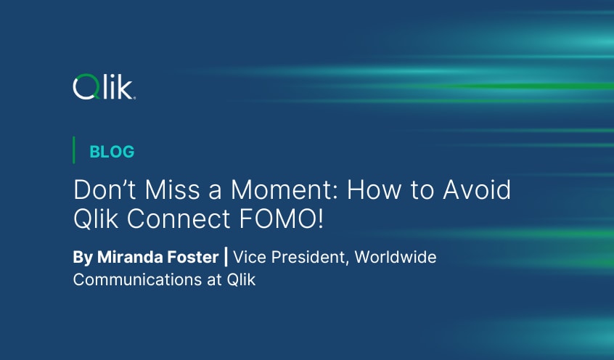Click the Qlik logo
(104, 89)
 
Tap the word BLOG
(112, 152)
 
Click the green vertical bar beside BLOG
(74, 150)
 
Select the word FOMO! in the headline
(283, 219)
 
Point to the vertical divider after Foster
(226, 258)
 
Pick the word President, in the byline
(307, 258)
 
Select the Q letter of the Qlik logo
(83, 89)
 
